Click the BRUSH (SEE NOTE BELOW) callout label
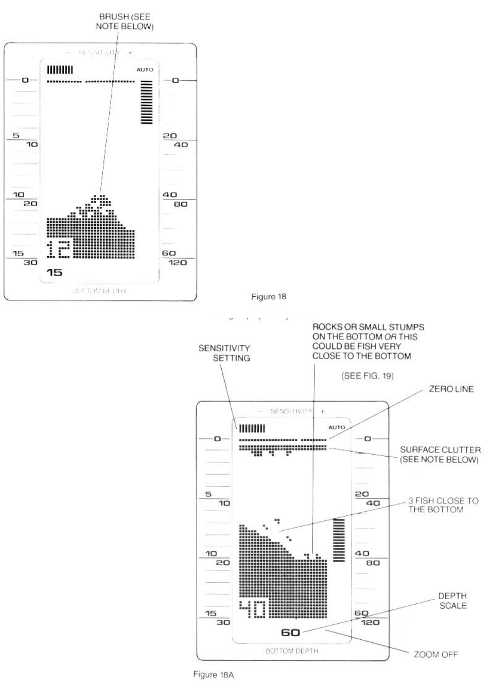pos(125,22)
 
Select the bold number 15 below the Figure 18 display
pos(55,273)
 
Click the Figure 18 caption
pos(268,297)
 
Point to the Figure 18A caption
pos(213,675)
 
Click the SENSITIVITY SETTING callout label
pos(225,353)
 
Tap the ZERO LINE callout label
pos(451,389)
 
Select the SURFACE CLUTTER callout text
pos(440,455)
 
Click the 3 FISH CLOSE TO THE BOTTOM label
pos(443,505)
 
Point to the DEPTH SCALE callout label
pos(452,601)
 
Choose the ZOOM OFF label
pos(435,655)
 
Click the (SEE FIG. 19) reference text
pos(367,376)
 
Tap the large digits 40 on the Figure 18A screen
pos(252,609)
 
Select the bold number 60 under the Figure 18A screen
pos(290,633)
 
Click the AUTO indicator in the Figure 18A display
pos(337,427)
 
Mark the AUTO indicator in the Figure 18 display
pos(145,70)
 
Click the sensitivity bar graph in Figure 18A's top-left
pos(252,428)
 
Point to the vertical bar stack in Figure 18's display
pos(146,102)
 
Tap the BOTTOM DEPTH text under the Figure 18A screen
pos(291,651)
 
